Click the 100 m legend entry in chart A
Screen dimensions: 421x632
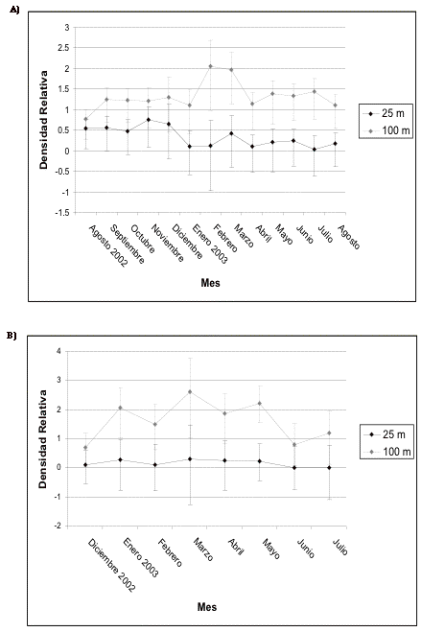coord(386,130)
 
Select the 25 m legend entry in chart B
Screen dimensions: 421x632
coord(385,434)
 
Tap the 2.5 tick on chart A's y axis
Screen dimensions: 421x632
coord(63,48)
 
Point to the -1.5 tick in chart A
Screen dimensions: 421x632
coord(62,212)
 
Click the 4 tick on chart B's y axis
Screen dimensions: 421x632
coord(58,351)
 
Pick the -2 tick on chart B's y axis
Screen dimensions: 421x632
coord(58,526)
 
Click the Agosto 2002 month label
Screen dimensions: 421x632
coord(107,246)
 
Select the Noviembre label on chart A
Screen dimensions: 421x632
coord(167,243)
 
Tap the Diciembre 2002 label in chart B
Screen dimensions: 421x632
coord(111,565)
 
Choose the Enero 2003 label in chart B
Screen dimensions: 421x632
coord(141,557)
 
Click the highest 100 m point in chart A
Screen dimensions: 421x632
coord(210,66)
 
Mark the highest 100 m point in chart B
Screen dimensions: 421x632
coord(190,392)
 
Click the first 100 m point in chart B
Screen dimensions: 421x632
coord(85,448)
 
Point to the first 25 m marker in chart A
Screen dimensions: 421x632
coord(85,129)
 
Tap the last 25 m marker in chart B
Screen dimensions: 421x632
coord(329,468)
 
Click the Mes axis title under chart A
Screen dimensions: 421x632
coord(210,283)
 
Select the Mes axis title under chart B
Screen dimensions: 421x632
coord(207,607)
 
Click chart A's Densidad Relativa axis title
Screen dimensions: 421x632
coord(43,120)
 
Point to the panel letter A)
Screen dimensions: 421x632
coord(14,11)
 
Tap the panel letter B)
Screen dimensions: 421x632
coord(12,336)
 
